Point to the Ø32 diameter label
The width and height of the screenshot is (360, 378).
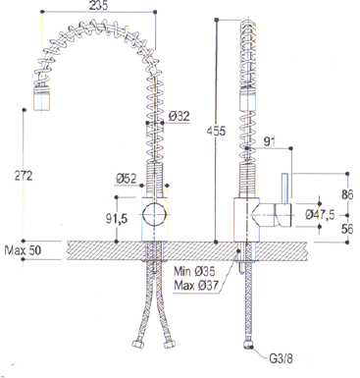179,116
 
